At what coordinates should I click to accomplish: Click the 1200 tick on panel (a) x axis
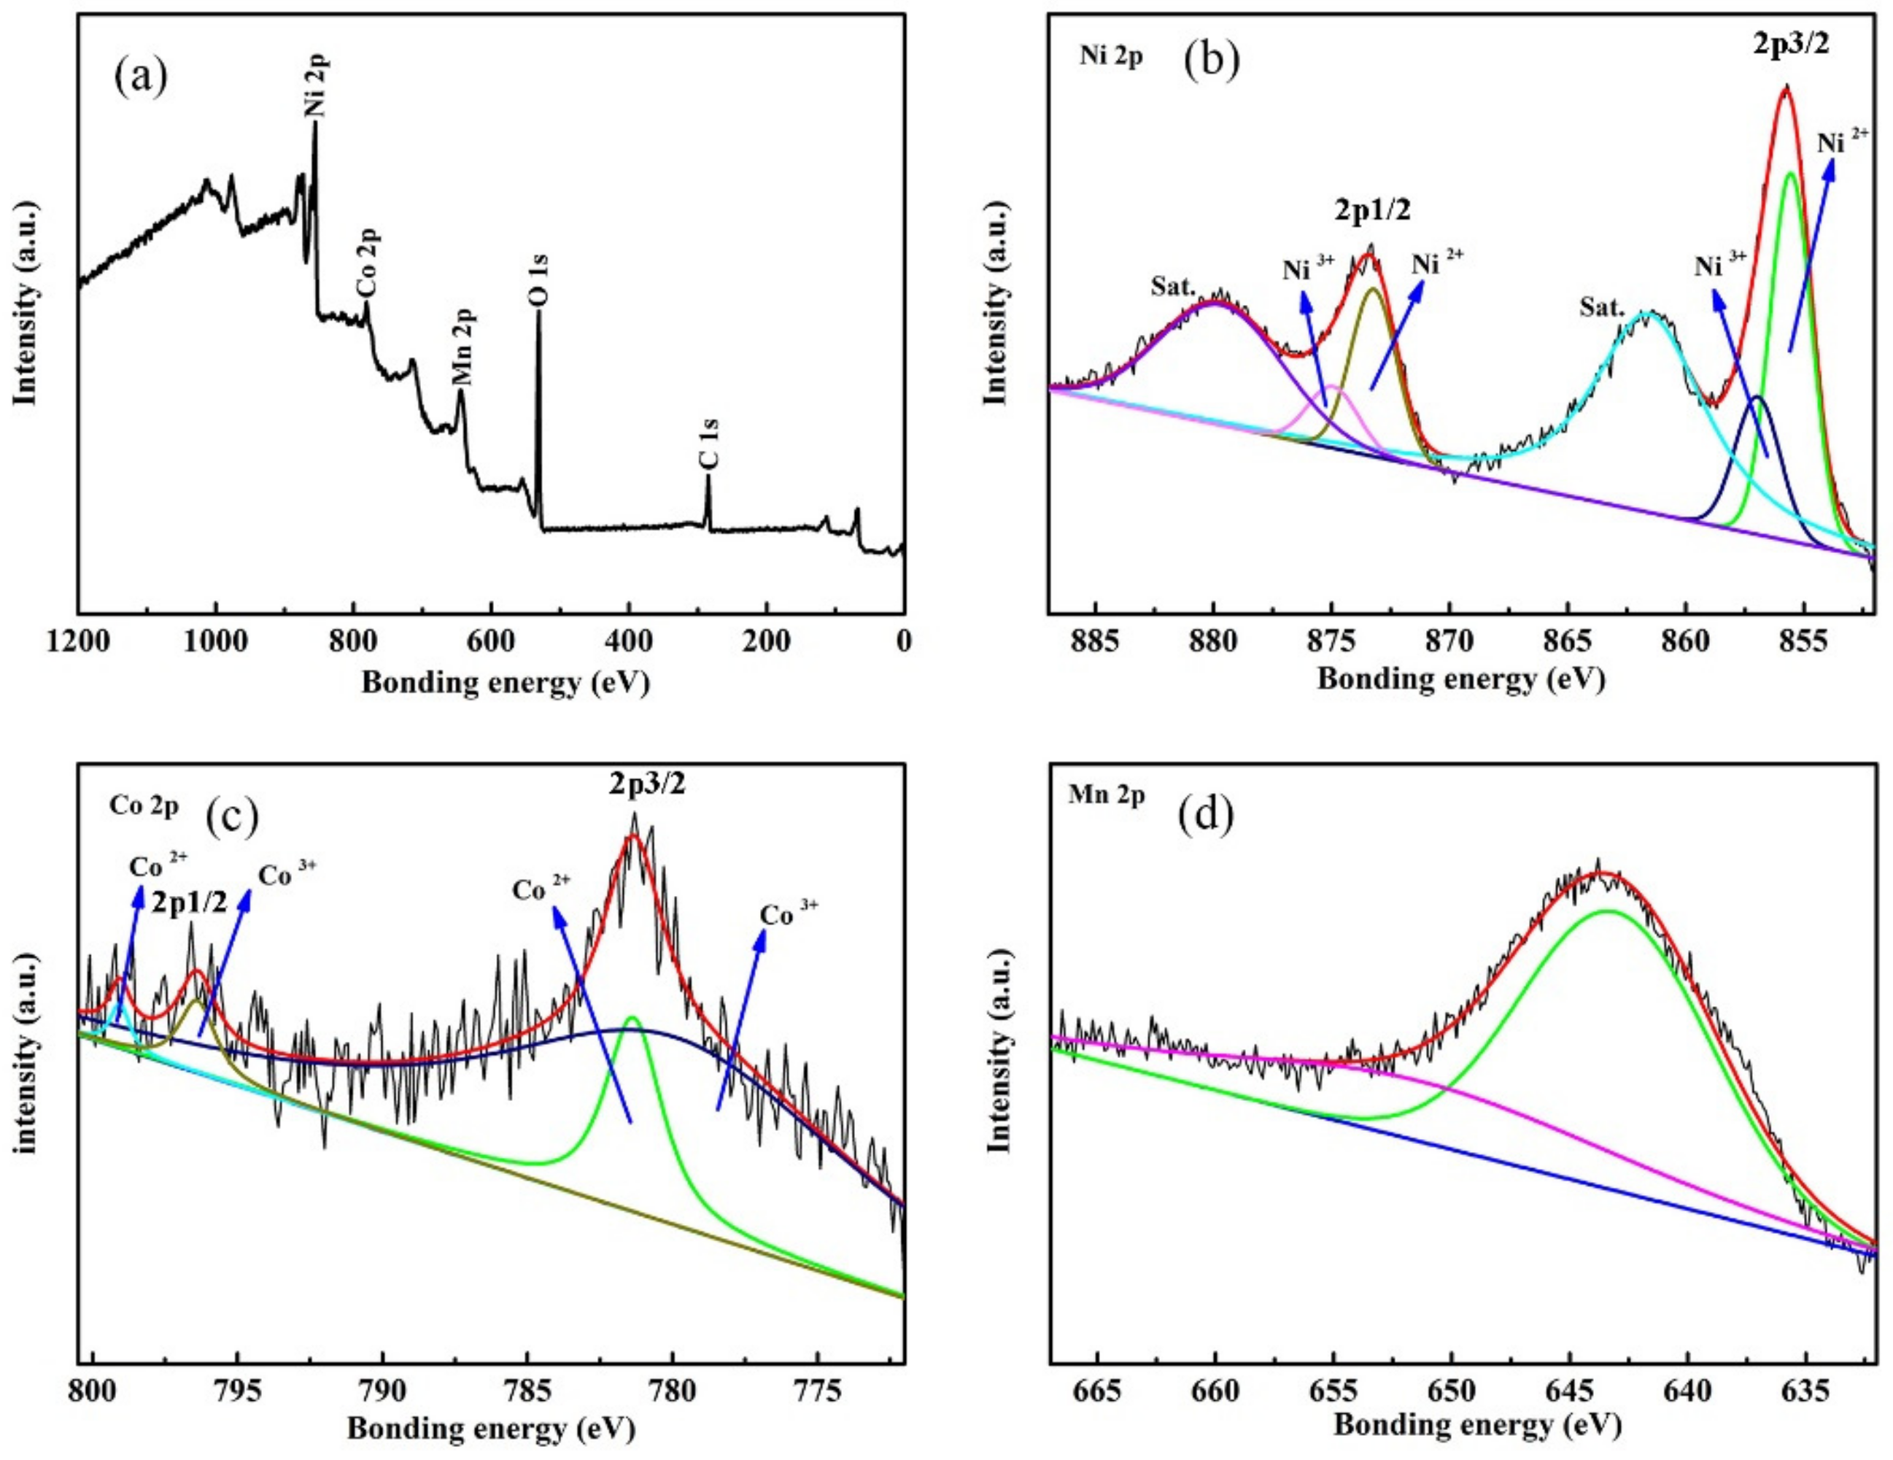pyautogui.click(x=79, y=641)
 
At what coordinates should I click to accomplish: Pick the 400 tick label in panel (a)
pyautogui.click(x=628, y=641)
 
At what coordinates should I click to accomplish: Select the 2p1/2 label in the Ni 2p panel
pyautogui.click(x=1371, y=211)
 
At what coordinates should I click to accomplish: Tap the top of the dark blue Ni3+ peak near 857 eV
pyautogui.click(x=1757, y=397)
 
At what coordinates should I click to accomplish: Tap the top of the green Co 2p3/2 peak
pyautogui.click(x=632, y=1017)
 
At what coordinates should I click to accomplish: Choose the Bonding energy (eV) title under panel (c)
pyautogui.click(x=492, y=1429)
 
